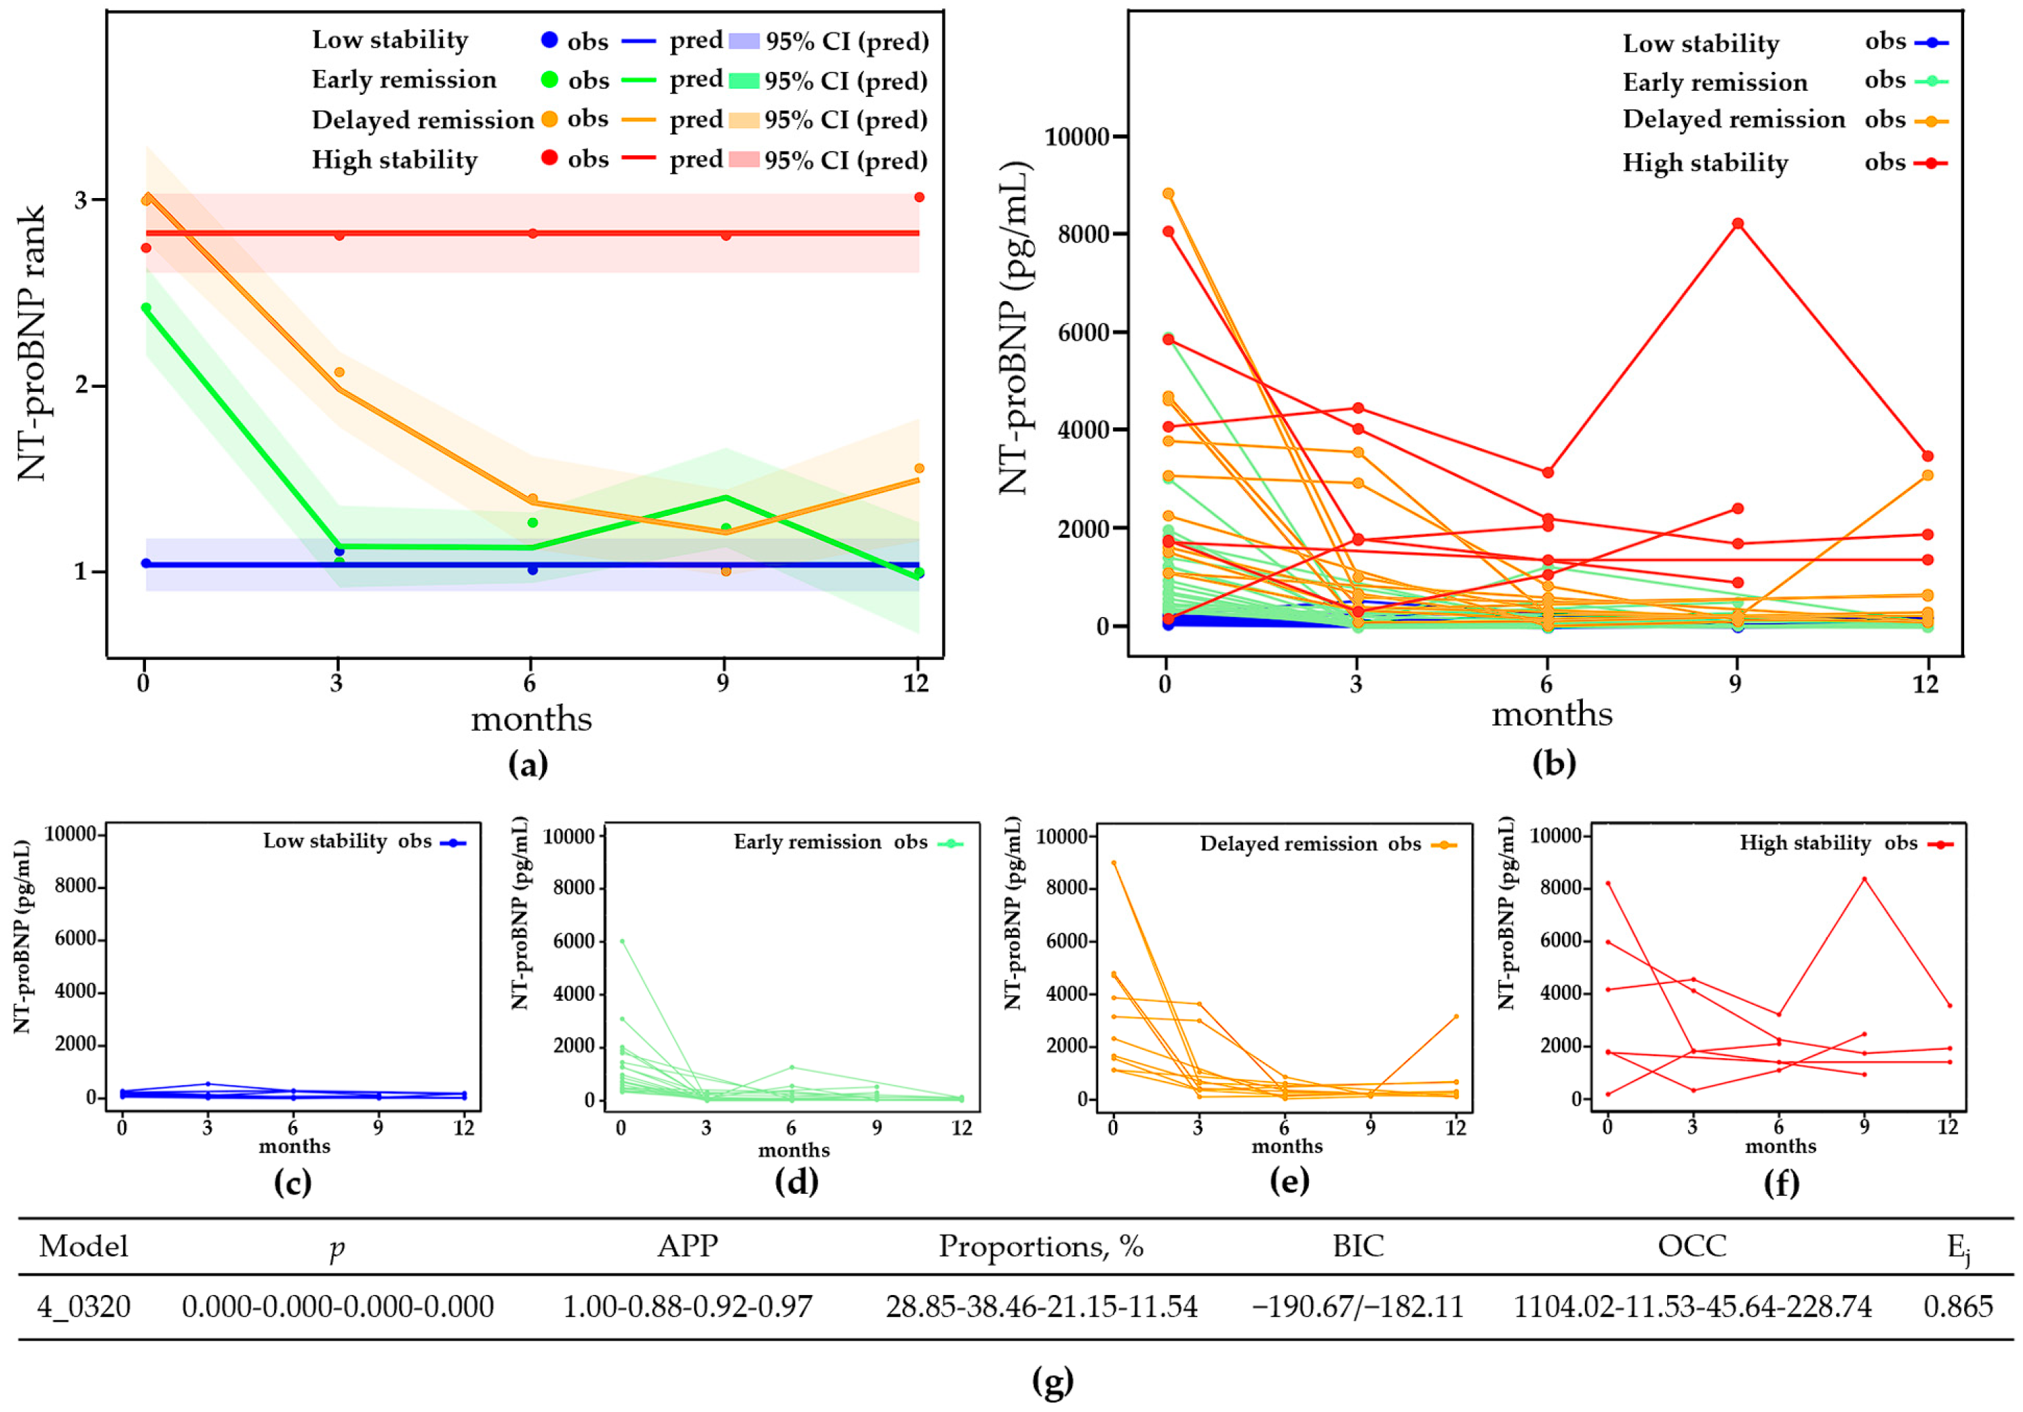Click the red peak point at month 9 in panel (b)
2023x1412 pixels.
1736,224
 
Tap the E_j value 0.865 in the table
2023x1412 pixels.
1958,1305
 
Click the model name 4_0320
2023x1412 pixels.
84,1305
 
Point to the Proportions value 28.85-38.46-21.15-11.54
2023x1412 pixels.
1042,1305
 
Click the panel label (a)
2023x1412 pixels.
528,763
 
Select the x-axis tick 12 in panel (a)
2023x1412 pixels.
916,683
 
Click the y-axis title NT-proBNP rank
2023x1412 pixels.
32,343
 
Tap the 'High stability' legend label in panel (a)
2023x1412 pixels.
394,159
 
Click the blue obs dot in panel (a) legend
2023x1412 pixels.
549,39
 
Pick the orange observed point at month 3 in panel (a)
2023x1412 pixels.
339,372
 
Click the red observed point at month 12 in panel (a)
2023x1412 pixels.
919,197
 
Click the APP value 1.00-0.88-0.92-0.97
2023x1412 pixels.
687,1305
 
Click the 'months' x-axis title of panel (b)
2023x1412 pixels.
1551,714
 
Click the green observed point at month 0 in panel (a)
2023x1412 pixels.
146,307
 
